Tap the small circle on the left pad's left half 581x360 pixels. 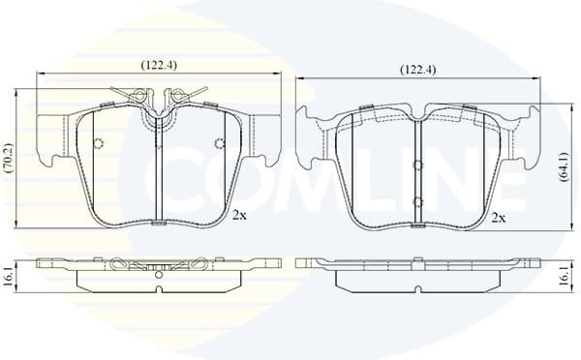[x=97, y=145]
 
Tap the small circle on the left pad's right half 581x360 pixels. [x=219, y=145]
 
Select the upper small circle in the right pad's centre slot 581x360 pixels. [x=416, y=159]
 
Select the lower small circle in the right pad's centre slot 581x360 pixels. [x=416, y=200]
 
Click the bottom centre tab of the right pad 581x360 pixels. [x=416, y=227]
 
